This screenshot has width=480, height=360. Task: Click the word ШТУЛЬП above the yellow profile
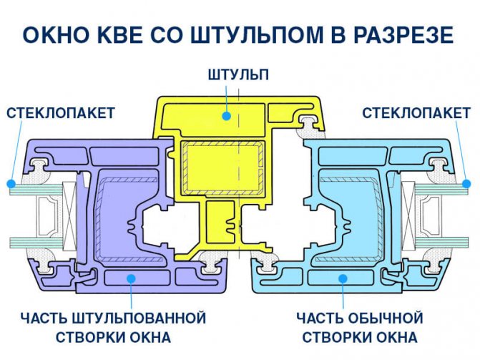click(238, 74)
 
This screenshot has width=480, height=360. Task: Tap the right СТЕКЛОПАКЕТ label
click(416, 113)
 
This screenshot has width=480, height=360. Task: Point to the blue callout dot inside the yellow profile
click(225, 114)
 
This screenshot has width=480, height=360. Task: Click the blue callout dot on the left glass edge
click(11, 183)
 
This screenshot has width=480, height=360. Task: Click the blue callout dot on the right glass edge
click(469, 183)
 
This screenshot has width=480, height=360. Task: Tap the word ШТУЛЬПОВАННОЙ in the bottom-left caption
click(142, 317)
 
